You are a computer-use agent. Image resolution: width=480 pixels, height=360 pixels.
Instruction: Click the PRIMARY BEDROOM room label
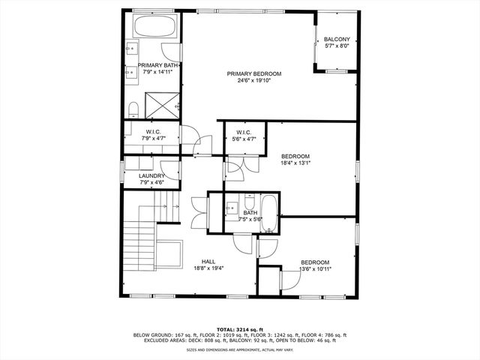tap(254, 73)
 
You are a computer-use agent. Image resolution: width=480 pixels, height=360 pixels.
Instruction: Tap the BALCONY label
tap(336, 39)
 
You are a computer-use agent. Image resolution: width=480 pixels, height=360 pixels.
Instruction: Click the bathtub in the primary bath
tap(156, 28)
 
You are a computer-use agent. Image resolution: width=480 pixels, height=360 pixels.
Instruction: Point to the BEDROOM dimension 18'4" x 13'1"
tap(295, 162)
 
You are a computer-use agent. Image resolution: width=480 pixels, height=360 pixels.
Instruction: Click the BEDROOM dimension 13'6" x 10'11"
tap(316, 268)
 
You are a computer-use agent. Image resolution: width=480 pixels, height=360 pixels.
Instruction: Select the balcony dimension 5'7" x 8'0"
tap(336, 46)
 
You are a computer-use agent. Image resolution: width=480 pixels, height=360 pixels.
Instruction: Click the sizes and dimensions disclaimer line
tap(239, 349)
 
